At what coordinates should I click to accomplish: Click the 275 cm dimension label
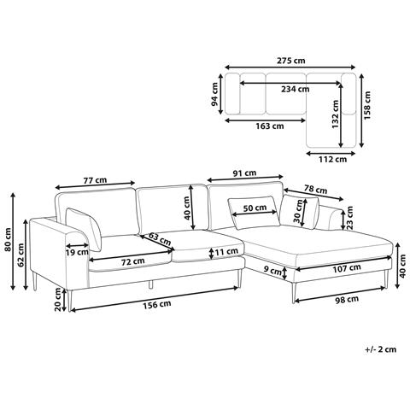(x=290, y=61)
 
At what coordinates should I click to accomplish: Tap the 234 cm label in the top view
(x=296, y=89)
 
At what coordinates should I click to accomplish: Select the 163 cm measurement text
(x=270, y=126)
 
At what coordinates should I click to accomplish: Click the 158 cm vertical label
(x=368, y=105)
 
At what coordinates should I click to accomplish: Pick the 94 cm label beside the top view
(x=214, y=94)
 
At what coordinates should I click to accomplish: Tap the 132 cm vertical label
(x=336, y=114)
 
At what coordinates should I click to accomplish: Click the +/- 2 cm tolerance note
(x=381, y=349)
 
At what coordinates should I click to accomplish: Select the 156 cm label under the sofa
(x=157, y=305)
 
